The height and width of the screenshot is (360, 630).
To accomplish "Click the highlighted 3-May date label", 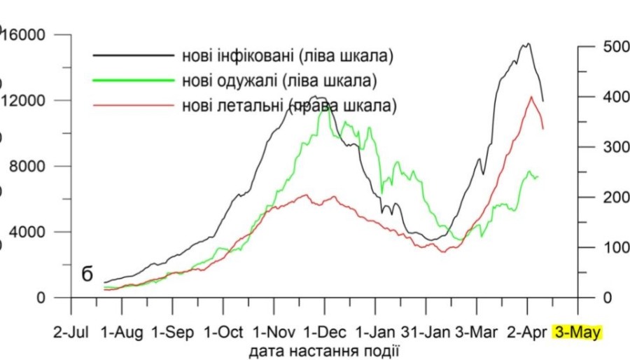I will coord(577,331).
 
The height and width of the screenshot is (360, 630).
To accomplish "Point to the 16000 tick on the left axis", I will coord(27,34).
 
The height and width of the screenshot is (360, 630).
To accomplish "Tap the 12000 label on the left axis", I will coord(27,100).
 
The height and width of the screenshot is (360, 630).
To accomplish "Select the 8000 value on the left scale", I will coord(30,166).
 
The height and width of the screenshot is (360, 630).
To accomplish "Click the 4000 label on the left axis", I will coord(30,232).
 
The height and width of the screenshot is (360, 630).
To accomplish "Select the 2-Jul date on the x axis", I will coord(71,331).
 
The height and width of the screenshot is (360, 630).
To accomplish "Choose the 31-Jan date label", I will coord(426,331).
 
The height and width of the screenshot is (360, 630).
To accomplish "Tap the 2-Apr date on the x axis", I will coord(527,331).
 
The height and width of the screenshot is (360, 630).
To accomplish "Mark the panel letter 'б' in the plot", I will coord(87,274).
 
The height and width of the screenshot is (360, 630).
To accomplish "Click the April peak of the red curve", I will coord(531,97).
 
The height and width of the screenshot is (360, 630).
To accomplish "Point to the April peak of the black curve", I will coord(527,43).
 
